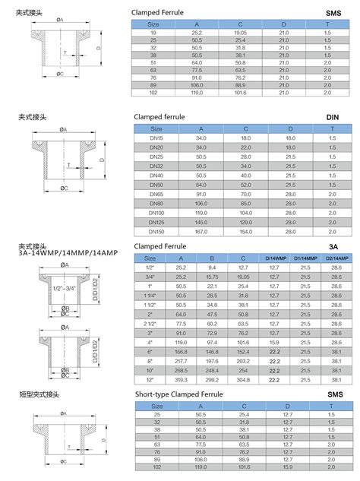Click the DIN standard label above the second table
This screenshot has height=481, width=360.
coord(333,118)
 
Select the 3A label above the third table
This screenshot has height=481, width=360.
coord(333,246)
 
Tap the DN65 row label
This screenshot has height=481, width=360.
coord(156,194)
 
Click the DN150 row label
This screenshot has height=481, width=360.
coord(156,230)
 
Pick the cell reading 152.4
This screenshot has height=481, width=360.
coord(242,353)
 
